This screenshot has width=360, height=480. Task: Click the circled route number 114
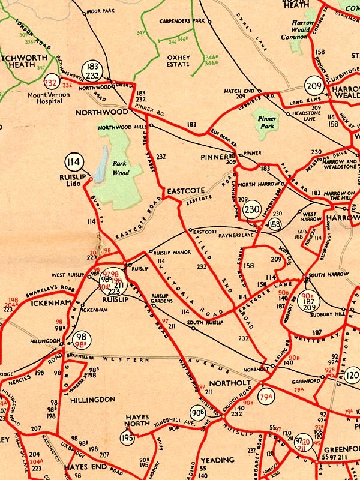click(x=74, y=162)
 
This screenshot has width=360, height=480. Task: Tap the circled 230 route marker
click(x=253, y=209)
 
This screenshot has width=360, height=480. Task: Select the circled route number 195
click(x=127, y=438)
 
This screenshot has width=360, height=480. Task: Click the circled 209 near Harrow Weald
click(x=314, y=85)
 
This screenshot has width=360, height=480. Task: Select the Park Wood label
click(x=121, y=168)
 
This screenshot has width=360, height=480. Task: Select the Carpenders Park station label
click(x=182, y=20)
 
